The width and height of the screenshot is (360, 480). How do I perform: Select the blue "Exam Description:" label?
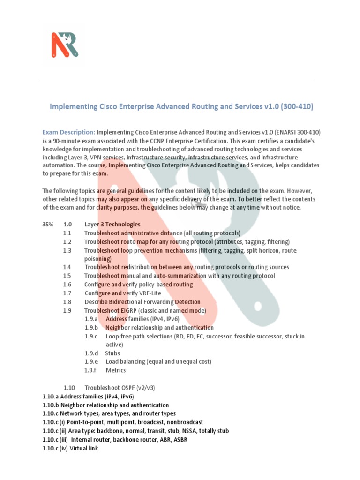[x=68, y=132]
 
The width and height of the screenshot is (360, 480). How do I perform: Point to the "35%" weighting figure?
[x=48, y=225]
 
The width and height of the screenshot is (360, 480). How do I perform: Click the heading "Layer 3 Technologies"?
[x=112, y=225]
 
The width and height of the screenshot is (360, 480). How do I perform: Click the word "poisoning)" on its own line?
[x=98, y=258]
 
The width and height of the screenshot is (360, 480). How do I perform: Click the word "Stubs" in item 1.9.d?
[x=112, y=353]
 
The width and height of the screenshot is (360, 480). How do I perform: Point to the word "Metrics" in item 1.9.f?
[x=116, y=370]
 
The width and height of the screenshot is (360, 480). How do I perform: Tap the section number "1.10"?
[x=69, y=388]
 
